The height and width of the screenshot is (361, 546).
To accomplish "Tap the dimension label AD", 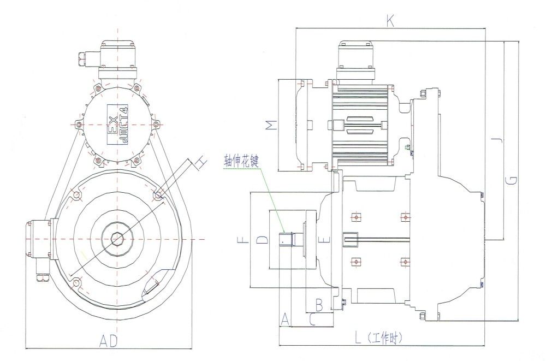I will click(x=109, y=341).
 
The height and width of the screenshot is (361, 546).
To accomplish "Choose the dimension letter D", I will click(x=262, y=239).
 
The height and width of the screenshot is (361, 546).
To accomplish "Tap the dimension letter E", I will click(x=327, y=239).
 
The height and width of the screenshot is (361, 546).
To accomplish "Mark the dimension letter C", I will click(x=312, y=319).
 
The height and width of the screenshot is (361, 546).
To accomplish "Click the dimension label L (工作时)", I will click(x=379, y=338).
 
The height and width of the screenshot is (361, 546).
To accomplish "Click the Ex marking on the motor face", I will click(x=110, y=125).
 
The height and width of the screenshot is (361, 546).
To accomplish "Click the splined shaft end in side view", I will click(x=287, y=239).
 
